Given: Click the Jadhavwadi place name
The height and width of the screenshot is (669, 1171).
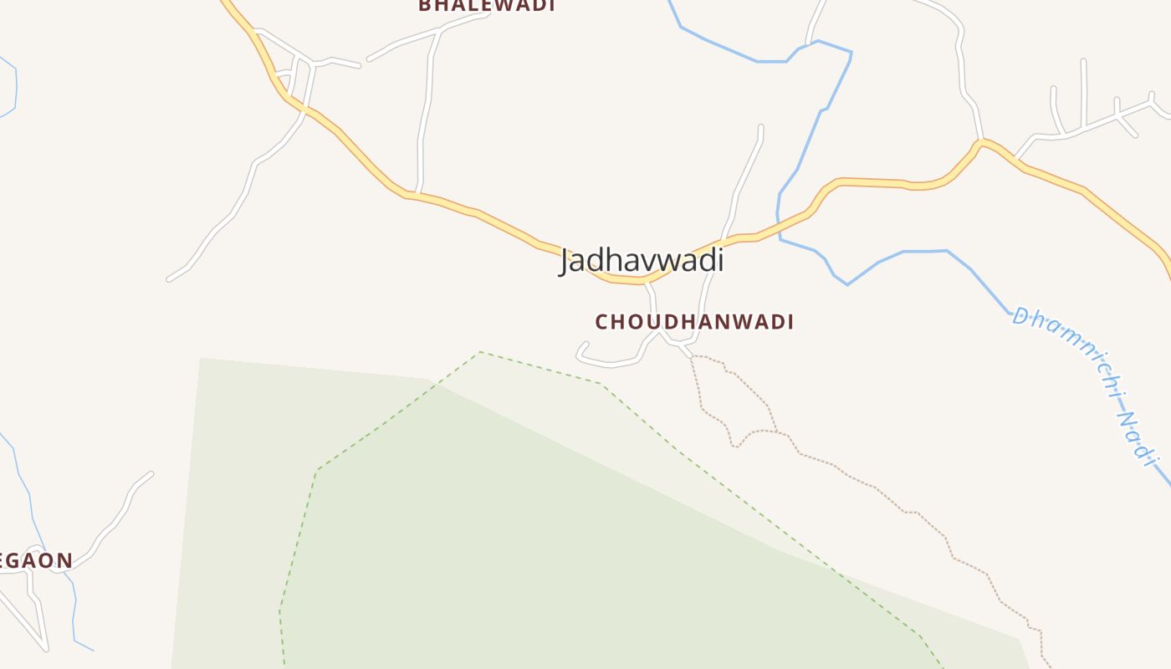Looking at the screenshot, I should point(642,260).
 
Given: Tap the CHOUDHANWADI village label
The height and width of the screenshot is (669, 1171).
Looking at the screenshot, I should point(694,322).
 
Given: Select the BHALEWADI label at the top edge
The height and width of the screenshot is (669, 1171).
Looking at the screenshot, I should point(487,5).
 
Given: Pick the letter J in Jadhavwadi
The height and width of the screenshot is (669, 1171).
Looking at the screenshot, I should point(566,261).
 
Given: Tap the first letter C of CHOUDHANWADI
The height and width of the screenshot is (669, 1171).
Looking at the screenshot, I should point(601,322).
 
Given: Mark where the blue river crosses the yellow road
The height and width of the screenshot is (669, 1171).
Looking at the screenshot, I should point(780,226).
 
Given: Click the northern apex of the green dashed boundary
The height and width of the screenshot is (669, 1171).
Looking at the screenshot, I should point(480,352).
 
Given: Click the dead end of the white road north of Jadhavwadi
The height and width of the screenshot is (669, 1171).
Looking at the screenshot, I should point(760,127).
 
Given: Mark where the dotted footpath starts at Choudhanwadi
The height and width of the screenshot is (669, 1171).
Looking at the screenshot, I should point(692,357).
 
